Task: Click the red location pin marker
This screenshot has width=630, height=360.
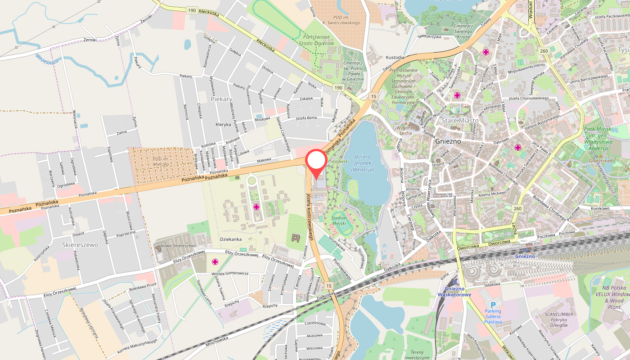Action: click(x=316, y=162)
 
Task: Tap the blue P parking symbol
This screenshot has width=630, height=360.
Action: click(x=493, y=305)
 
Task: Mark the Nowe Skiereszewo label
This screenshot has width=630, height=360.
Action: click(x=179, y=246)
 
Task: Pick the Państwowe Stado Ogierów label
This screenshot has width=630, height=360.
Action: click(x=317, y=40)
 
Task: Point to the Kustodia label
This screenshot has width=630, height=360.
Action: click(x=395, y=58)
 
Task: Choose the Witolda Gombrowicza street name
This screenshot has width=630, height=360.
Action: click(x=230, y=273)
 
